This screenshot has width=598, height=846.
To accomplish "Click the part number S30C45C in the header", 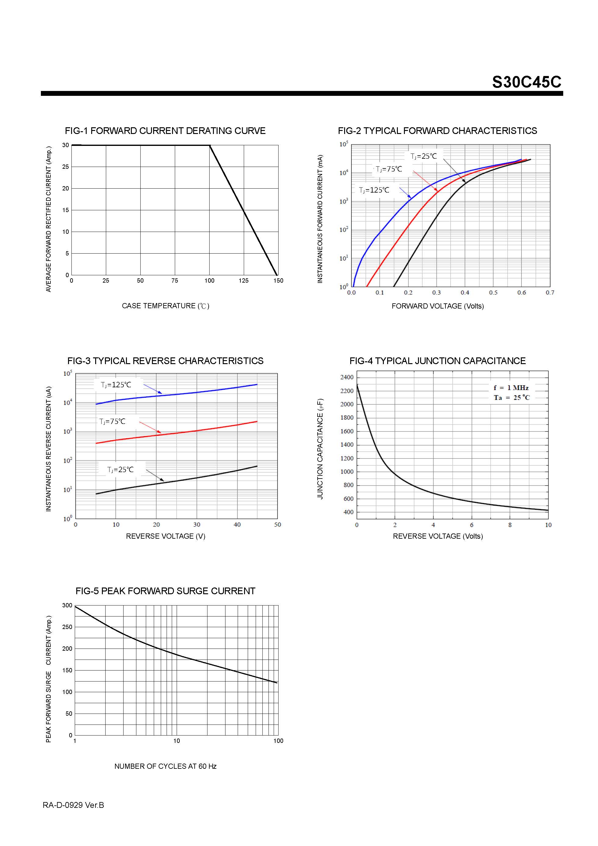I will click(x=526, y=82).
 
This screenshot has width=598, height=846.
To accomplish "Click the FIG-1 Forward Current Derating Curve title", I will click(x=165, y=131).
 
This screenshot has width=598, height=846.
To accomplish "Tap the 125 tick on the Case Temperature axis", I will click(x=243, y=280).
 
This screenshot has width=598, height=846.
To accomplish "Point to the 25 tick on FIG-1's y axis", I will click(x=66, y=167).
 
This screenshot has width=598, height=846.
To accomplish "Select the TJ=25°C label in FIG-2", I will click(x=423, y=156).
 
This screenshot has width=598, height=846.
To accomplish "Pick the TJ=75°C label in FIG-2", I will click(x=389, y=169).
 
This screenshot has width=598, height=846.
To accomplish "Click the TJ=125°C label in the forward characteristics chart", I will click(x=374, y=190).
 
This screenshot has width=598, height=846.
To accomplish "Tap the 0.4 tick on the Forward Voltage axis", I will click(x=465, y=293).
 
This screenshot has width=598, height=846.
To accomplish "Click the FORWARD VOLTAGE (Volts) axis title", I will click(x=437, y=306).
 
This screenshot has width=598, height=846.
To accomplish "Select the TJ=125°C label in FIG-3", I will click(x=116, y=385).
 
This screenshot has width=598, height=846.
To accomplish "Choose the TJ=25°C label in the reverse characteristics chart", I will click(x=121, y=469).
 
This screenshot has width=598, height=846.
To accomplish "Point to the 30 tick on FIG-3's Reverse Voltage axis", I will click(x=197, y=525).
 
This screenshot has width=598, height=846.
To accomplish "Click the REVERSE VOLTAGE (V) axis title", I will click(x=165, y=536).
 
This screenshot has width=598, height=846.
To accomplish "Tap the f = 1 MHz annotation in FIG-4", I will click(x=511, y=388).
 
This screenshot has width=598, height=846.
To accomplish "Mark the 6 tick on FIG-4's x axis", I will click(x=471, y=525).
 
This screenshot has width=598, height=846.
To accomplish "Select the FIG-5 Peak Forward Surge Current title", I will click(x=165, y=591).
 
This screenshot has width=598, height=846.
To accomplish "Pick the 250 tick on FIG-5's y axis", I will click(x=67, y=627).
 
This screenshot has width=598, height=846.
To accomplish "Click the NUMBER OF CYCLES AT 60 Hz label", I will click(x=165, y=766).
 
